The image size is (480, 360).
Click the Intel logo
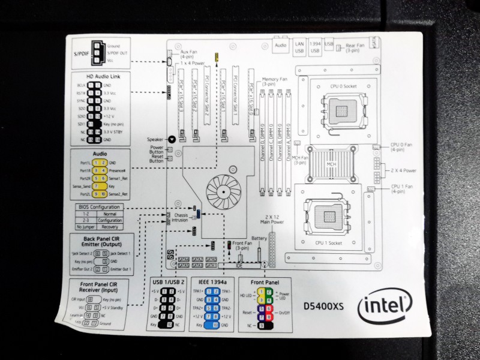point(384,309)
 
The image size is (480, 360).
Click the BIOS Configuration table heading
point(99,207)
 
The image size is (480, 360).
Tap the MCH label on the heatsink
point(332,163)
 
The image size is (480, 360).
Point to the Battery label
point(259,238)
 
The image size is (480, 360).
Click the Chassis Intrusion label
point(180,218)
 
